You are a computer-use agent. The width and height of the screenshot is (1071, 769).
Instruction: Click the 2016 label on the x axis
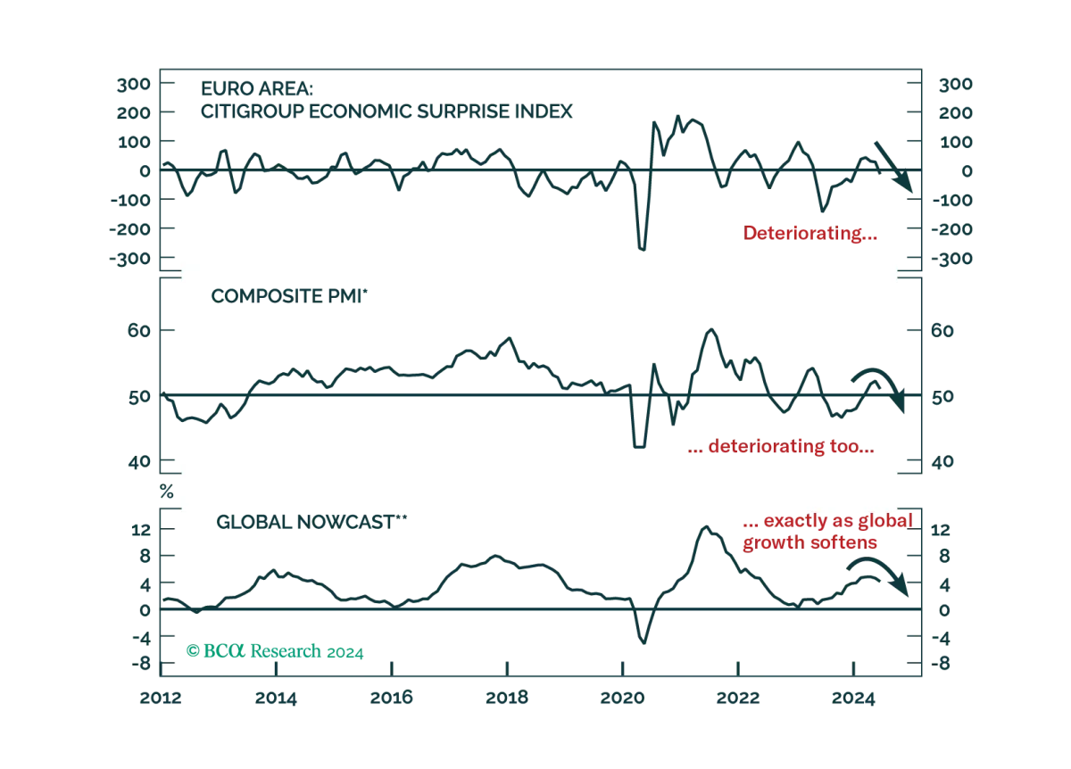(391, 698)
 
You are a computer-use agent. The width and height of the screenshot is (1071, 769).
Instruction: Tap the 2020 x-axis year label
(623, 698)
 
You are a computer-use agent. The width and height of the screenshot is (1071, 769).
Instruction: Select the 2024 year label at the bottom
(853, 698)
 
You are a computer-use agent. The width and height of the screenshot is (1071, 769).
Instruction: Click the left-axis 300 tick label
(133, 85)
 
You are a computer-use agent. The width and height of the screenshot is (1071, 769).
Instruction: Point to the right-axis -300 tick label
(951, 259)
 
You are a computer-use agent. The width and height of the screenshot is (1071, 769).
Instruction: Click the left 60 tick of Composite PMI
(138, 330)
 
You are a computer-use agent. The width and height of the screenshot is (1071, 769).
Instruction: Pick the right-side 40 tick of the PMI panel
(942, 461)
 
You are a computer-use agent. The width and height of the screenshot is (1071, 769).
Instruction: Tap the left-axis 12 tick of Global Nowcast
(141, 530)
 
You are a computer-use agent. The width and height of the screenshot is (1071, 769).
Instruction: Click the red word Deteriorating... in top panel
(810, 233)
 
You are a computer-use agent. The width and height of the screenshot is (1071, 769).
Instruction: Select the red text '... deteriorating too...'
(781, 446)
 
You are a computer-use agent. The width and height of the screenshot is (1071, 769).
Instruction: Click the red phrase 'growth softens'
(810, 542)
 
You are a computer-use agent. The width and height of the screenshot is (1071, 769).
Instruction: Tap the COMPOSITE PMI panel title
(289, 296)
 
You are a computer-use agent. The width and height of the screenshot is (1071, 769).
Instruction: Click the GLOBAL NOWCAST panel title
(311, 522)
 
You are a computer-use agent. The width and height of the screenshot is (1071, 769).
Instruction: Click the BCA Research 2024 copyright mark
(275, 651)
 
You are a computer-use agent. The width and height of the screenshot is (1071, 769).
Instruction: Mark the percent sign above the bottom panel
(166, 492)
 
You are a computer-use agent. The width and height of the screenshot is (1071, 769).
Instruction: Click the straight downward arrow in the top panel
(893, 167)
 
